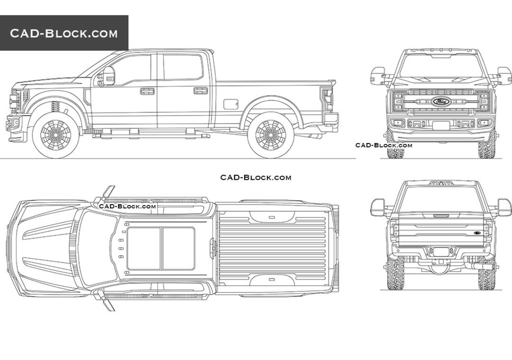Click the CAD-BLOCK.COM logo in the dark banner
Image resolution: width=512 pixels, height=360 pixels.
click(x=64, y=33)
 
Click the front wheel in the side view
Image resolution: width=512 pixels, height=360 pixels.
click(x=56, y=135)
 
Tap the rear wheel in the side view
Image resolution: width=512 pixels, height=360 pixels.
click(x=271, y=135)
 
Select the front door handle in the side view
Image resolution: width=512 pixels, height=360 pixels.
click(x=147, y=91)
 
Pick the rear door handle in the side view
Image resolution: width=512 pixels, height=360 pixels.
click(x=201, y=91)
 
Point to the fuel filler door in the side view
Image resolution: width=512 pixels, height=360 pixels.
click(x=231, y=104)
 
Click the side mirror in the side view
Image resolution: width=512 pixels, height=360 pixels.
click(x=109, y=76)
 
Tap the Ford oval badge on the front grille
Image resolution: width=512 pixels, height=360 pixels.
click(x=441, y=102)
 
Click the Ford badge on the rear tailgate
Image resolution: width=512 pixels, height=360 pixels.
click(x=478, y=233)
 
